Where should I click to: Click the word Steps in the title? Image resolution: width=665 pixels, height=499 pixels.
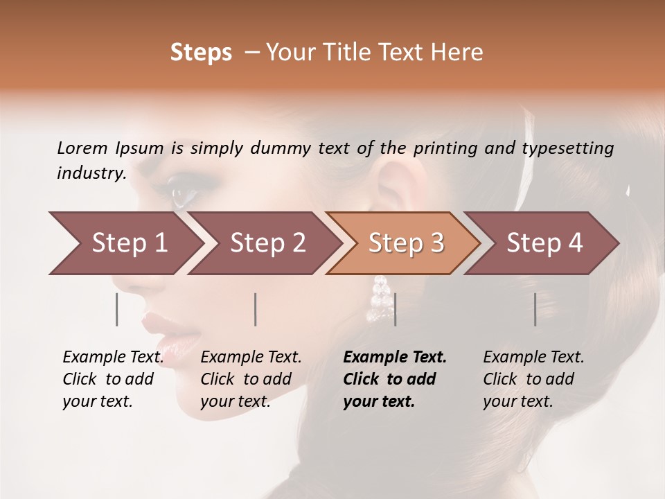(x=201, y=53)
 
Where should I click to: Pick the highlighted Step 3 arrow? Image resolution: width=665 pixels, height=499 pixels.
(x=406, y=243)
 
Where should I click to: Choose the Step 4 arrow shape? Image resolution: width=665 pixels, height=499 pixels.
(x=544, y=243)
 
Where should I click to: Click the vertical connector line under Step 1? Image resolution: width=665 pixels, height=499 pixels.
(x=117, y=309)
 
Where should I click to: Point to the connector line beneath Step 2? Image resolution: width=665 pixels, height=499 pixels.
(x=256, y=309)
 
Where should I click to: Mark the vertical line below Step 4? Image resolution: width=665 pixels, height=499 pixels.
(x=535, y=309)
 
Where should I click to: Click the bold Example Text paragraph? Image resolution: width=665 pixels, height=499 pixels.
(x=395, y=379)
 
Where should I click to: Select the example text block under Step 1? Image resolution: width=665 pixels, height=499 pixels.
(x=113, y=379)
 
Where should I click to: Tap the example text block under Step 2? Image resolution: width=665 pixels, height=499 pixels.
(x=251, y=379)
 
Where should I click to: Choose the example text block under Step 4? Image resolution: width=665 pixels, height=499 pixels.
(x=533, y=379)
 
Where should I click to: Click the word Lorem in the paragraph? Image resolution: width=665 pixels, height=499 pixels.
(x=82, y=148)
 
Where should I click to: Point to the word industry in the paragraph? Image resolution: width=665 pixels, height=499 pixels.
(x=91, y=173)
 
